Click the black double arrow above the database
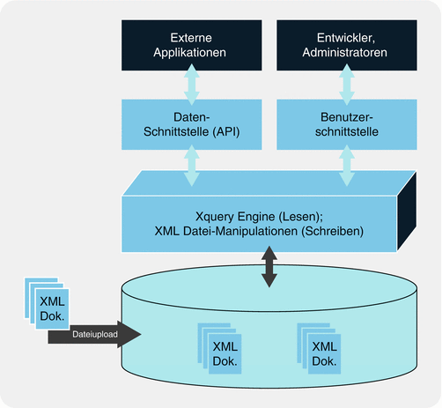(268, 267)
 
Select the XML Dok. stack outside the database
(44, 305)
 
